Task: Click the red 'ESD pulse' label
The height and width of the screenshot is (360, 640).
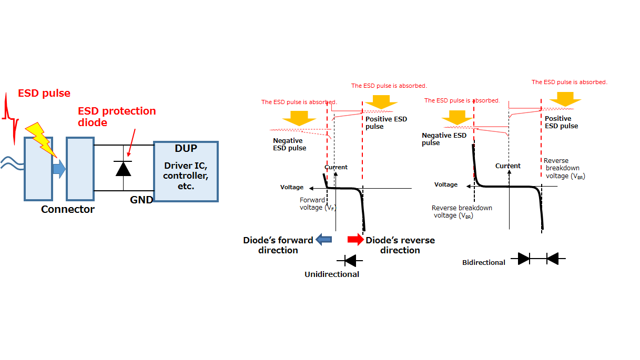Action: pyautogui.click(x=44, y=93)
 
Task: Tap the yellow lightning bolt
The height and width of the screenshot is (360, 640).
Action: pyautogui.click(x=41, y=139)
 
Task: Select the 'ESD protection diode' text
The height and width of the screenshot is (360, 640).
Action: pyautogui.click(x=117, y=117)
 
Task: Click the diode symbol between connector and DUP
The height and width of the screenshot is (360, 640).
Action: pyautogui.click(x=124, y=168)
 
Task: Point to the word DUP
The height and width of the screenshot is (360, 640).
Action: pyautogui.click(x=186, y=148)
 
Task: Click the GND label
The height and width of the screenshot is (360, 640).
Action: pyautogui.click(x=141, y=200)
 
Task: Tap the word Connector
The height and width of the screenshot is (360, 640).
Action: pyautogui.click(x=68, y=209)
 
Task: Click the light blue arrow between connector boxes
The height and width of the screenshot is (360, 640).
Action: pyautogui.click(x=59, y=169)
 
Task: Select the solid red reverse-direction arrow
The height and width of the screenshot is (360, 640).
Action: pyautogui.click(x=355, y=240)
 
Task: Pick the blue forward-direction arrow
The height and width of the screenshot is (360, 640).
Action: pyautogui.click(x=324, y=240)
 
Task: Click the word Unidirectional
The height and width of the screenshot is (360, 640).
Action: pyautogui.click(x=332, y=274)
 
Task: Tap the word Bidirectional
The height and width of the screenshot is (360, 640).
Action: pyautogui.click(x=484, y=262)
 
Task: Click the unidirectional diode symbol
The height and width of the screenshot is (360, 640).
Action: pyautogui.click(x=350, y=261)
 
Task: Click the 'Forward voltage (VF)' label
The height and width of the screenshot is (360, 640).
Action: pyautogui.click(x=318, y=204)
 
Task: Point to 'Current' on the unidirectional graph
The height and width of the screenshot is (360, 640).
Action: pyautogui.click(x=336, y=167)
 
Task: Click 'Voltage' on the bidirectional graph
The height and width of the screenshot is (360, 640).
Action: pyautogui.click(x=446, y=184)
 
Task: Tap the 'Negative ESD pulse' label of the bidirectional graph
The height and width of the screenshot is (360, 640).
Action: pyautogui.click(x=444, y=139)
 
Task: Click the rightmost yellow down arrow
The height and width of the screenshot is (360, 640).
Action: pyautogui.click(x=565, y=99)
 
